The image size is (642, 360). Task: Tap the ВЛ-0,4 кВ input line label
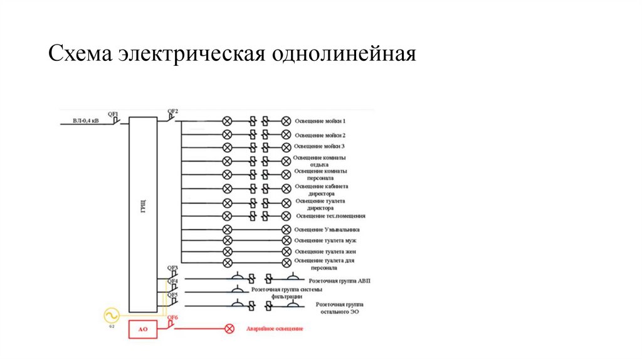click(85, 120)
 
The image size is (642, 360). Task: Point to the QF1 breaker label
click(113, 114)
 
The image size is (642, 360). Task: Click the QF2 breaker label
click(172, 112)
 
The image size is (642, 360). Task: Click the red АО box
click(143, 329)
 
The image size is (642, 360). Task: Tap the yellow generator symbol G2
click(112, 314)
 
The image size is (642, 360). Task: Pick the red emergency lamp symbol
click(229, 328)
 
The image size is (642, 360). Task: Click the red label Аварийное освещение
click(275, 329)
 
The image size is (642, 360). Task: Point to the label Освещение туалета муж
click(325, 241)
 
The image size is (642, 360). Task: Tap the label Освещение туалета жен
click(325, 251)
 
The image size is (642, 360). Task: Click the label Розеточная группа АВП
click(340, 282)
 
